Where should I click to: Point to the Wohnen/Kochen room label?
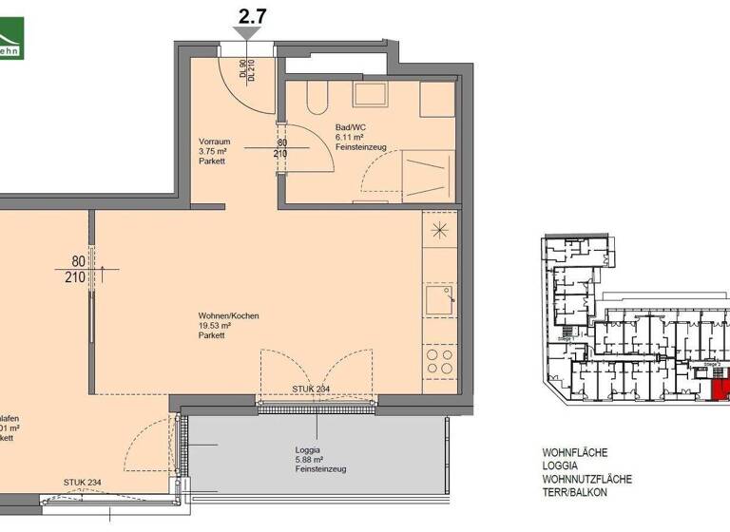228,316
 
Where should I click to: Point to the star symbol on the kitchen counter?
439,231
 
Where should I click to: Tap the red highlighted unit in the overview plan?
720,389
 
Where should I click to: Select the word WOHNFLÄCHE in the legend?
574,453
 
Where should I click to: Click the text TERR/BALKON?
574,493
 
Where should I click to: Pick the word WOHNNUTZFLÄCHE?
586,480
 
